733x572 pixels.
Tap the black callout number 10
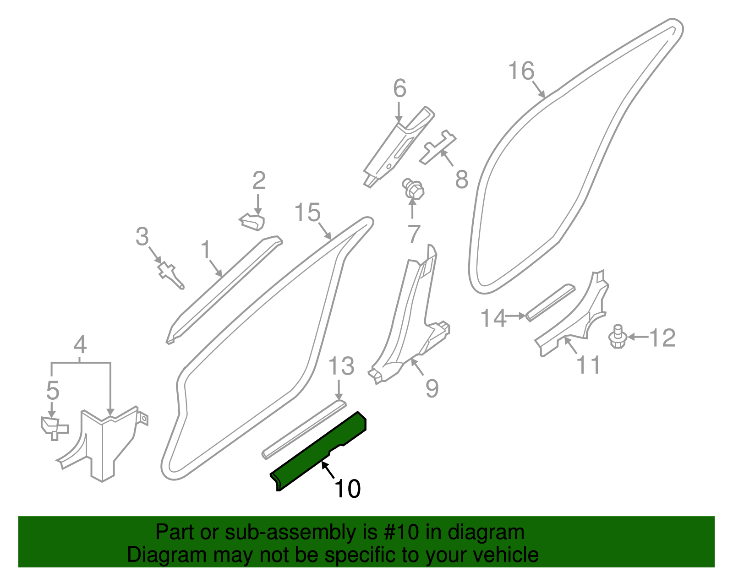(x=348, y=489)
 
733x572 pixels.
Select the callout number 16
(x=521, y=71)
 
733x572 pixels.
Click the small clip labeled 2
(x=252, y=222)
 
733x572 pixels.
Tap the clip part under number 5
(x=54, y=427)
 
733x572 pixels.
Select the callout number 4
(x=80, y=344)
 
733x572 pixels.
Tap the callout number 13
(x=341, y=366)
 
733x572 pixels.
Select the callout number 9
(x=432, y=388)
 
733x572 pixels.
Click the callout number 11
(x=588, y=365)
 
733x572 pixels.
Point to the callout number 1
(x=206, y=250)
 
